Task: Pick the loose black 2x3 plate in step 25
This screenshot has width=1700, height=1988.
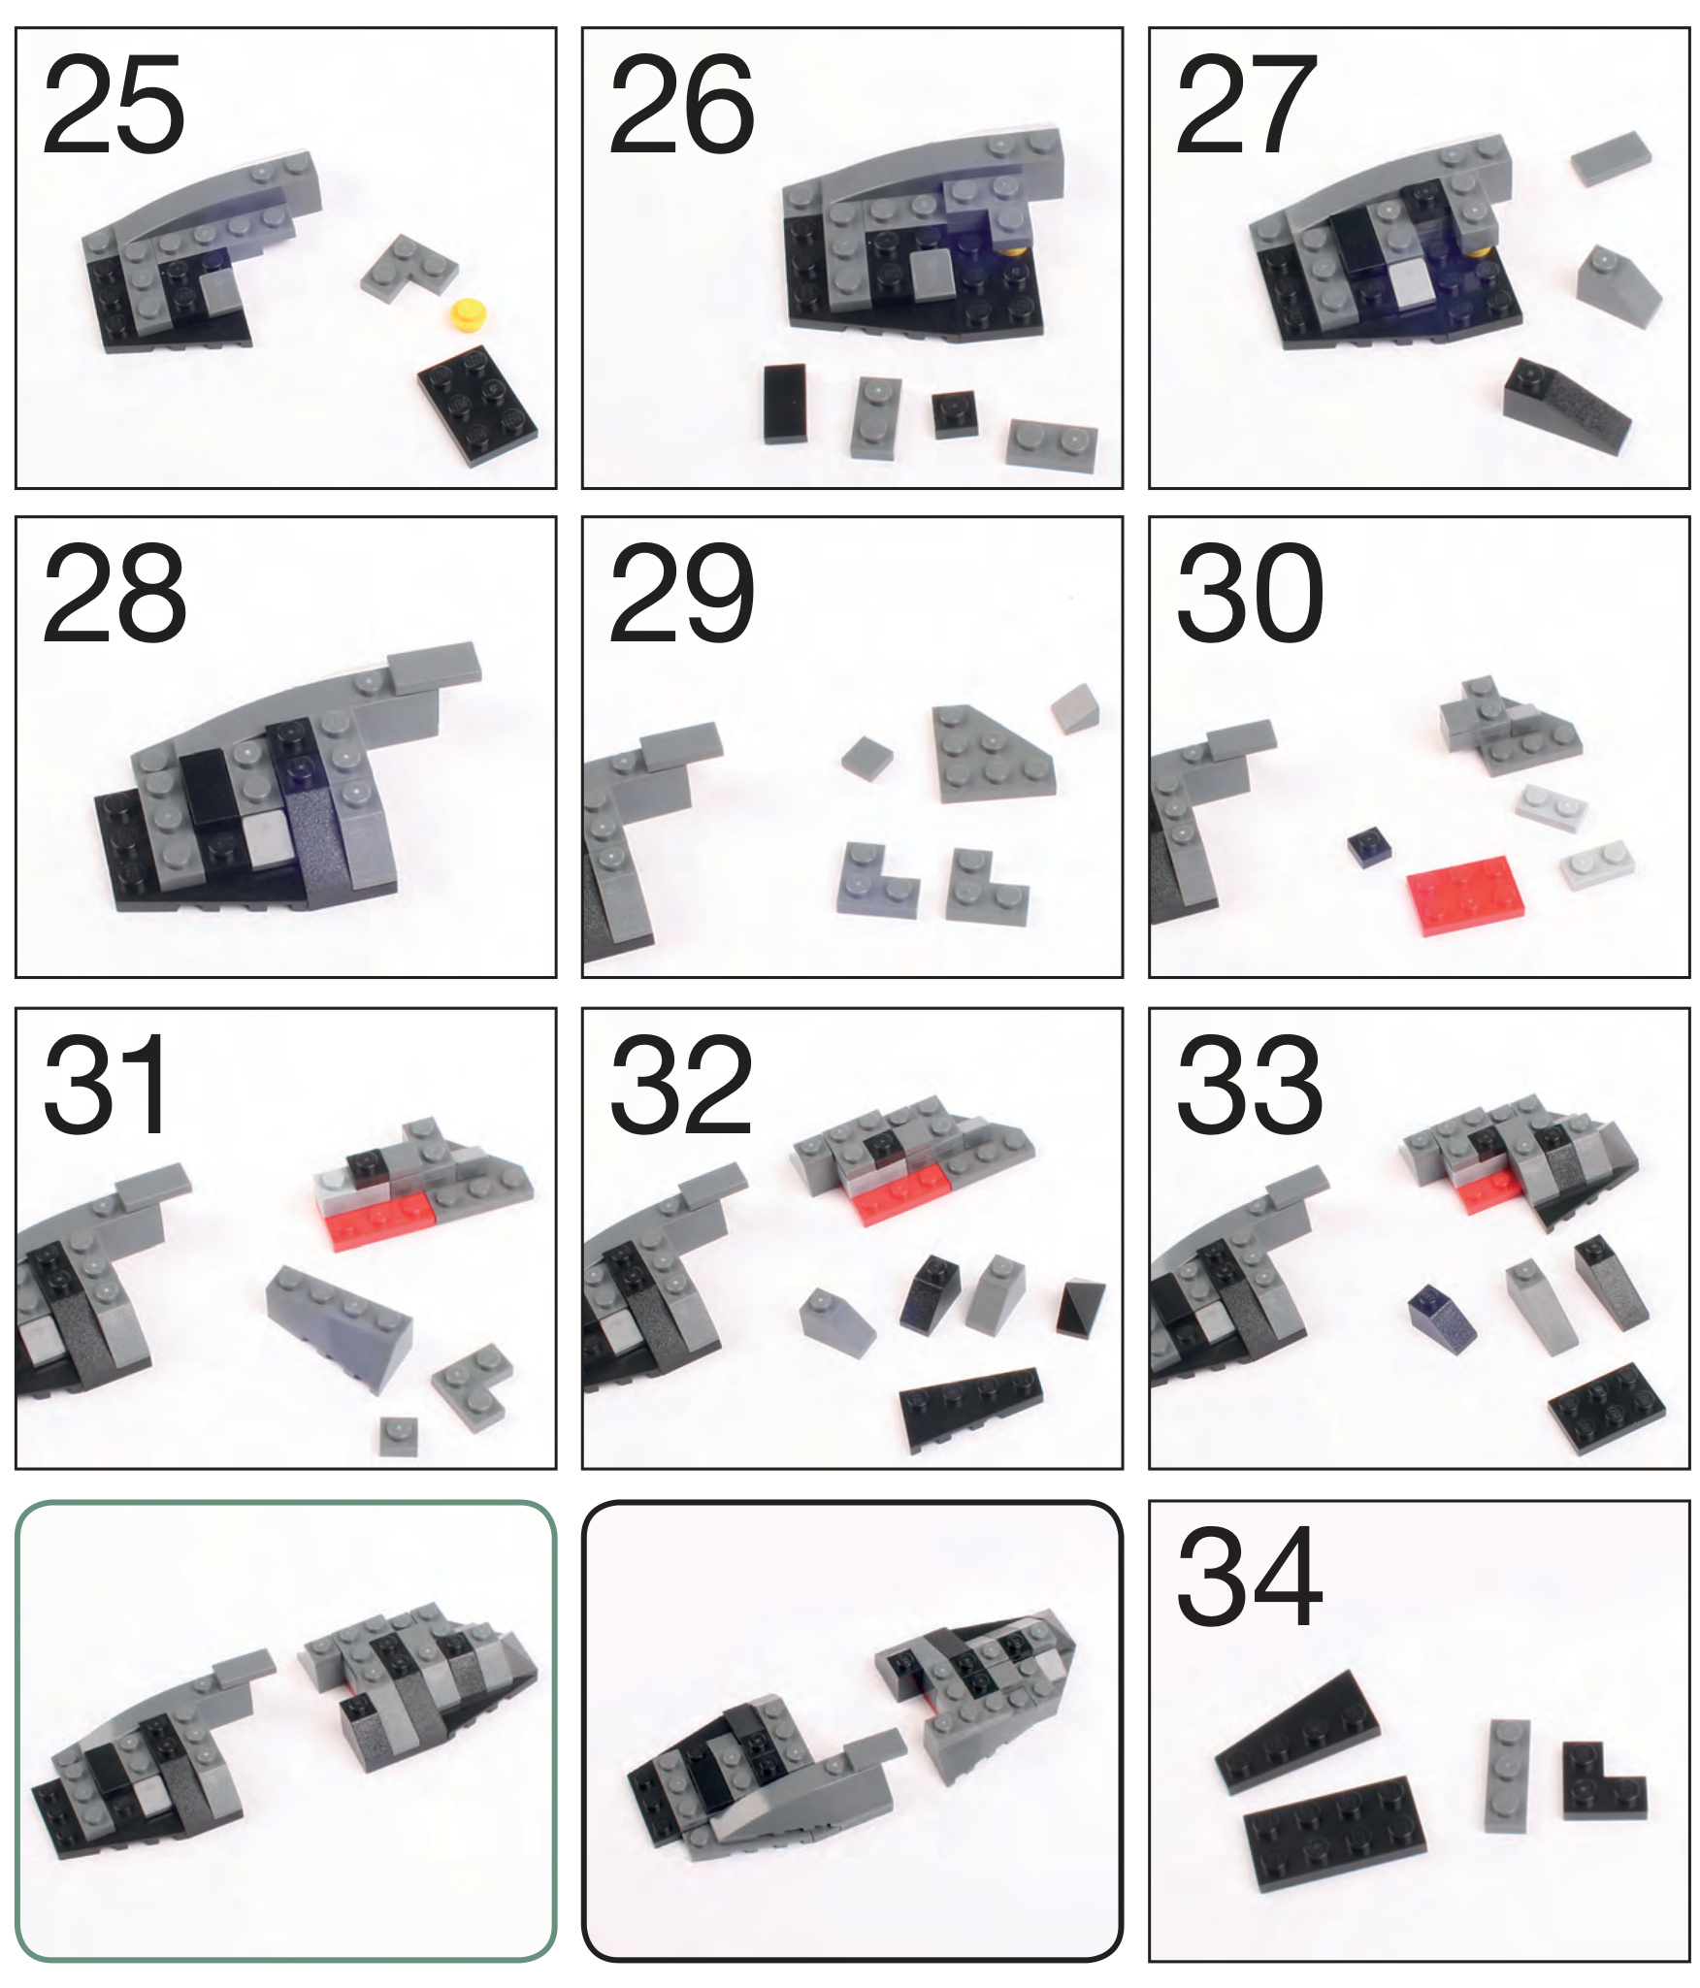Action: click(477, 405)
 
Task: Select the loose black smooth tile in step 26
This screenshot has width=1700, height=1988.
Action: click(785, 404)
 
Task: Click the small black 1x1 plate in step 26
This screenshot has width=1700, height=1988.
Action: click(955, 415)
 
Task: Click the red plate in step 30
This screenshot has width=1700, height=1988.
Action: click(1465, 895)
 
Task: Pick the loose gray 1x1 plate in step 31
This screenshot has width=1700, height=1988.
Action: click(398, 1436)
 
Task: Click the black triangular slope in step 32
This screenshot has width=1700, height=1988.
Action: click(1081, 1310)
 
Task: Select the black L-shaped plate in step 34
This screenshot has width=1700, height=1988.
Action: click(1603, 1780)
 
